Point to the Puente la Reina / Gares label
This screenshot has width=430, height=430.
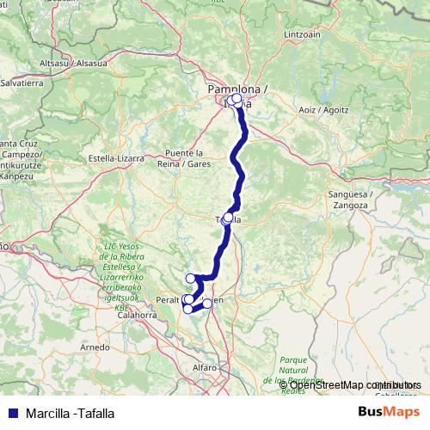[187, 157]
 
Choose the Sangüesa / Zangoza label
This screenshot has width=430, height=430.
[347, 200]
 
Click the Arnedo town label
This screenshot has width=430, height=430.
[95, 347]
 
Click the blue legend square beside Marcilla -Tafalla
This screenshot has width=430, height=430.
[11, 412]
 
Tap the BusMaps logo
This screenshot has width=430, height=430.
[389, 411]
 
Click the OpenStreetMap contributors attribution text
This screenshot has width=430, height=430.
[353, 384]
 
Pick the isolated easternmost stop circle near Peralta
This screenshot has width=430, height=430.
[207, 303]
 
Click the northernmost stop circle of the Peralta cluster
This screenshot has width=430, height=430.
[190, 278]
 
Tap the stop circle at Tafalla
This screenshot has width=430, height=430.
[228, 218]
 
